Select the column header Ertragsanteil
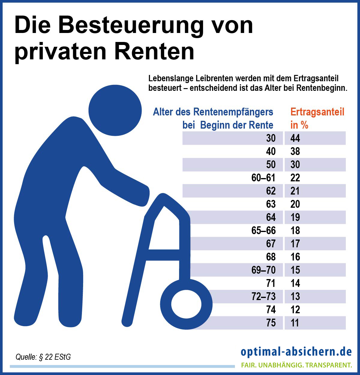pos(317,112)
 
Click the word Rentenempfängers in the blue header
pos(233,112)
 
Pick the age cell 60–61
pos(263,178)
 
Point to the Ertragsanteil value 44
pos(295,138)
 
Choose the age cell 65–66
pos(263,231)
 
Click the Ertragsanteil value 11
pos(295,323)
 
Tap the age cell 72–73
pos(263,296)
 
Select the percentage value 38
pos(295,151)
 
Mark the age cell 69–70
pos(263,270)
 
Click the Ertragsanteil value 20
pos(295,204)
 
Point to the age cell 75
pos(271,323)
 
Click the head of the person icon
pos(115,111)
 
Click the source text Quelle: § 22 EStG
pos(43,357)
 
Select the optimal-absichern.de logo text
pos(296,352)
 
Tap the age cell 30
pos(271,138)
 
